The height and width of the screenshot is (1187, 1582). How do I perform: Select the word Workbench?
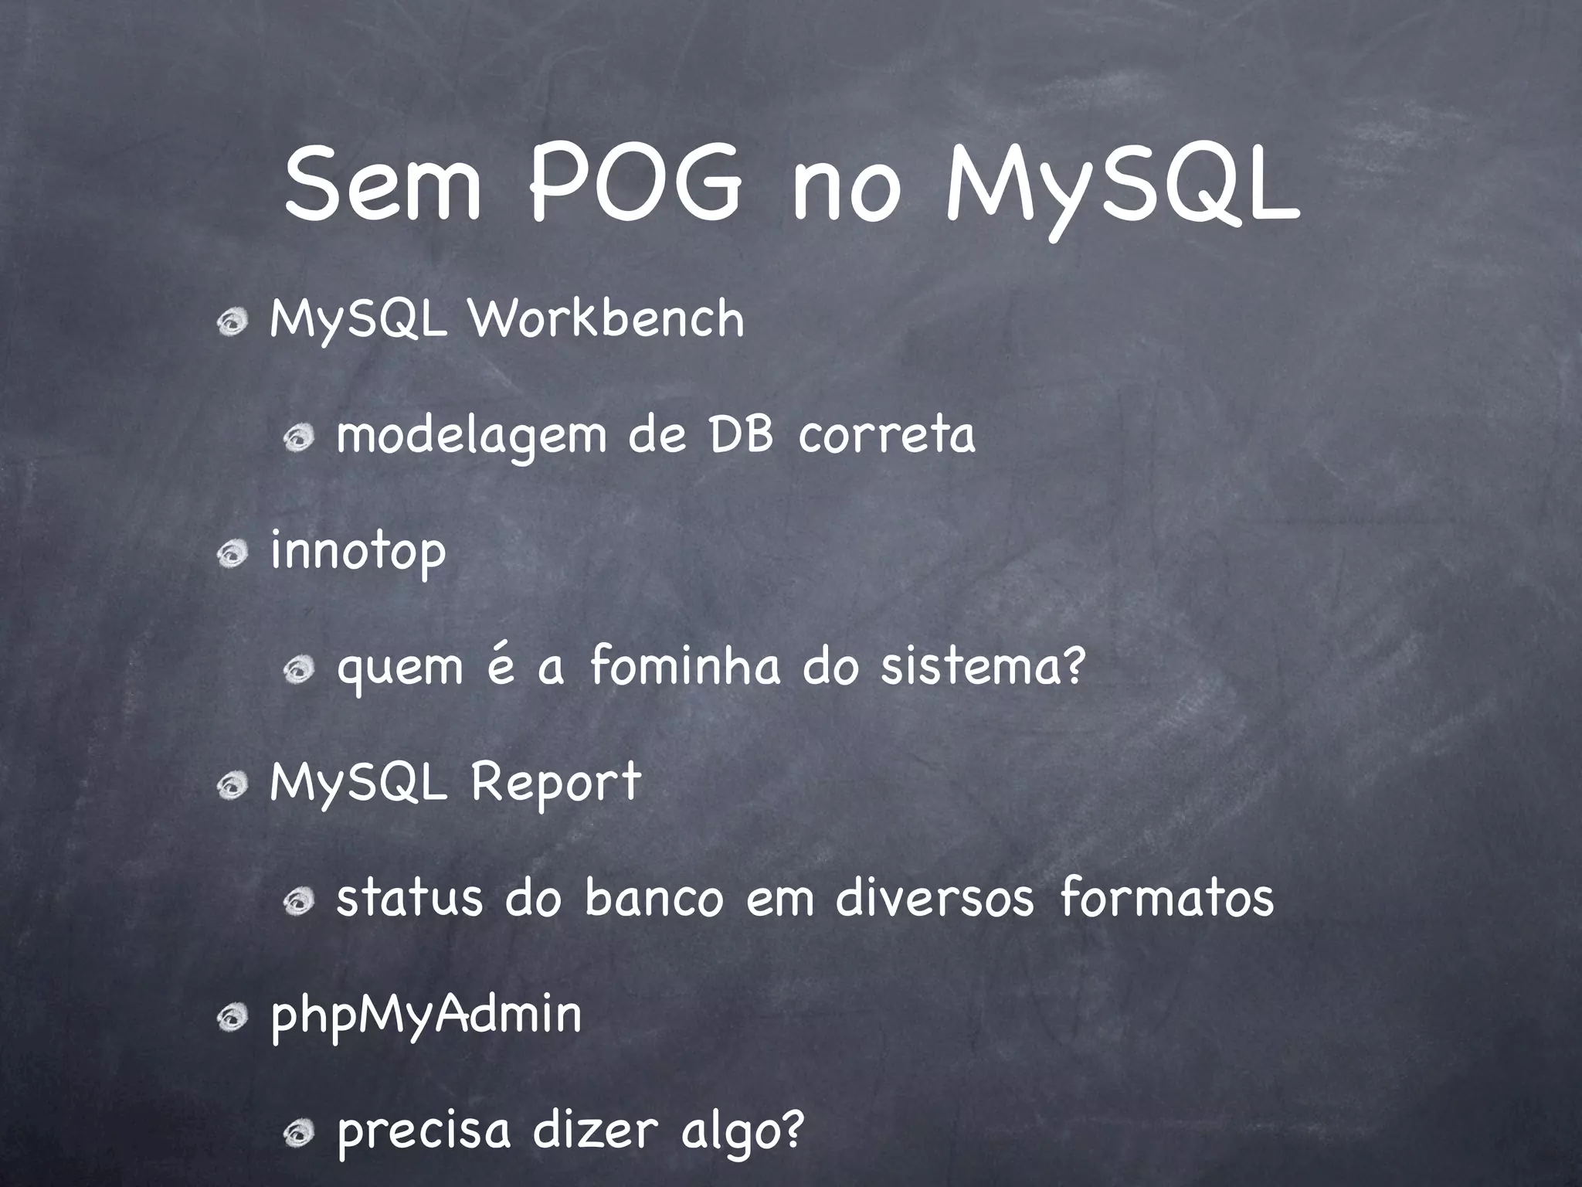[x=607, y=318]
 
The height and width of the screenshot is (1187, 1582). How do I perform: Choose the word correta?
[x=887, y=435]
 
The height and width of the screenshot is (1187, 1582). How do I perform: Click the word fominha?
[x=685, y=666]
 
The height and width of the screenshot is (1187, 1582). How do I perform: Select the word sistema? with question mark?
[x=983, y=666]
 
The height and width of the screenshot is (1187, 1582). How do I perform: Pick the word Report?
[x=555, y=782]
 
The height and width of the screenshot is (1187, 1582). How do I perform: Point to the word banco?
[x=654, y=898]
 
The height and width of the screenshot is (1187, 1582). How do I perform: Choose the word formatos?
[x=1166, y=898]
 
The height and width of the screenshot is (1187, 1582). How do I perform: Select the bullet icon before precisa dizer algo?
[x=297, y=1134]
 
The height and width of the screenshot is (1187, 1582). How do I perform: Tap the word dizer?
[x=596, y=1130]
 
